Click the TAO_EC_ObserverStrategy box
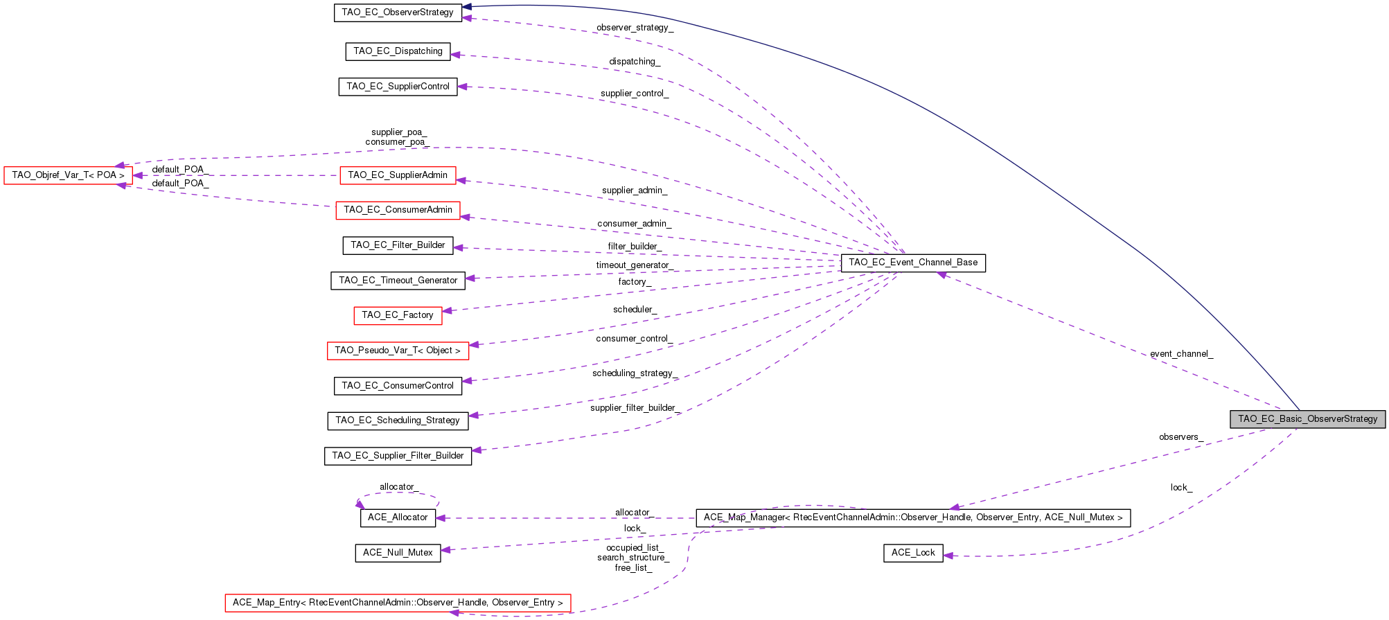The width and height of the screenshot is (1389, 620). [398, 12]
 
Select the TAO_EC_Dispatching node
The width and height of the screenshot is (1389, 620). [398, 51]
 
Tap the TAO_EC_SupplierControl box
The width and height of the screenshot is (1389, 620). [398, 87]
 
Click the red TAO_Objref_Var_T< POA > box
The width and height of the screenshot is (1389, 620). [68, 175]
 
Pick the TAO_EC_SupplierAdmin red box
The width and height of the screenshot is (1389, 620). [398, 175]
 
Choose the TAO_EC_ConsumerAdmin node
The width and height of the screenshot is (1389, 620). [398, 210]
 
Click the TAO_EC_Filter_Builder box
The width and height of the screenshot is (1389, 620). [398, 245]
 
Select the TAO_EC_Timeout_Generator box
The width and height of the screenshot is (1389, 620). [398, 281]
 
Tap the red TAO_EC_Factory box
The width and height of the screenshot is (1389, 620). [398, 315]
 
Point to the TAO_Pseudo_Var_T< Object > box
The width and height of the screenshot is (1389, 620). [398, 351]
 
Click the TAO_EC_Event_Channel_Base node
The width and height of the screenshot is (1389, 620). [913, 263]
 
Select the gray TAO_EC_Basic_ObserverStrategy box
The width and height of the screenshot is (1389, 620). [1307, 419]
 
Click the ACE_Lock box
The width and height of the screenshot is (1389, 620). [913, 553]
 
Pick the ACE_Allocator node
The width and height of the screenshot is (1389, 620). [398, 517]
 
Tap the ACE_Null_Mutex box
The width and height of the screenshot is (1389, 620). [398, 553]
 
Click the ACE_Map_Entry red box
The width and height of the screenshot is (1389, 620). [398, 603]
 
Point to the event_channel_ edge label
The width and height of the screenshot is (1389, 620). [1181, 354]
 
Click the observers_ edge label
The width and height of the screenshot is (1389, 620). [1180, 437]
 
